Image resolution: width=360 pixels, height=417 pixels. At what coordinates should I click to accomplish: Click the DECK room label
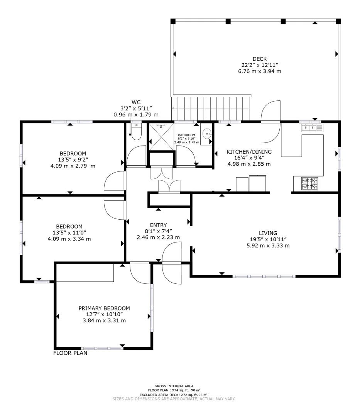(x=260, y=59)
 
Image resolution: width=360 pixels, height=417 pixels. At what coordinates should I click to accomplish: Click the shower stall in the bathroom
(x=161, y=137)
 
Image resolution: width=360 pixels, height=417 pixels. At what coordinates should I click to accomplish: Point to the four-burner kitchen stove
(x=309, y=183)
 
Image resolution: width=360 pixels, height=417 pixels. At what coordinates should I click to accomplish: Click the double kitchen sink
(x=312, y=128)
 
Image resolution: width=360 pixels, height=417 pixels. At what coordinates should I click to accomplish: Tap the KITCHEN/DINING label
(x=249, y=152)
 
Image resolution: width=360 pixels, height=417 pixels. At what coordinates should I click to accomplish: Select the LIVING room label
(x=268, y=233)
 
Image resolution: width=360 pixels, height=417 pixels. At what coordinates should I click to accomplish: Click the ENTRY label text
(x=158, y=225)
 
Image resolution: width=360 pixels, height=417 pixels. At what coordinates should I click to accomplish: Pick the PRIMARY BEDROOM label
(x=104, y=308)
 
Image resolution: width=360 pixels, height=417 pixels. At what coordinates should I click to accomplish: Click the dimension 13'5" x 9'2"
(x=73, y=159)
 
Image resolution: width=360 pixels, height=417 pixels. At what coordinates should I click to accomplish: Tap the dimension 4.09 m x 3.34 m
(x=69, y=239)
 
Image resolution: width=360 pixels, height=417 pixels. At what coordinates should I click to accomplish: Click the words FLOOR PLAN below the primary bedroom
(x=70, y=353)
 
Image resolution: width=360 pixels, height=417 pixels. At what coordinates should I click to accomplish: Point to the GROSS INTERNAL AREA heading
(x=174, y=386)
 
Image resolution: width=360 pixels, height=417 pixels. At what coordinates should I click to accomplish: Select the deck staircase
(x=211, y=108)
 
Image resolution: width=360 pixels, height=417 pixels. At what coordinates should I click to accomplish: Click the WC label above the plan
(x=136, y=102)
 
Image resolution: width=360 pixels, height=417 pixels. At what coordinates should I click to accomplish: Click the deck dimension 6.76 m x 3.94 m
(x=260, y=71)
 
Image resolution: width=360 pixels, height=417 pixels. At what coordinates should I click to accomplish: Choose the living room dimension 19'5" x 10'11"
(x=268, y=239)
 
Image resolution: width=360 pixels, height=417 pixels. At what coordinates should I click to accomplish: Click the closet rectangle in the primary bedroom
(x=85, y=273)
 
